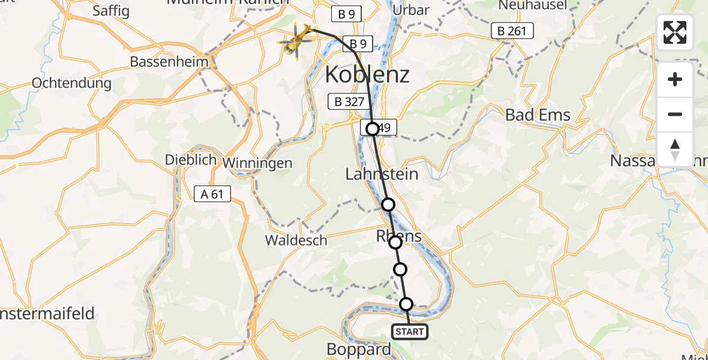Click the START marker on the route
pos(410,332)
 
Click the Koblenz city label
pos(367,75)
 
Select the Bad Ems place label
pos(538,115)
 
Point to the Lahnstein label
pos(382,174)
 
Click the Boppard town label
pos(359,349)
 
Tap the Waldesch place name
pos(296,241)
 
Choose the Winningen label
pos(257,163)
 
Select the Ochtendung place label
pos(72,83)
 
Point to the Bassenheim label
pos(169,61)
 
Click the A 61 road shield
pos(212,193)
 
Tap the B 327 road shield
pos(347,101)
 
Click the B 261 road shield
pos(512,31)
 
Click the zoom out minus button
pos(675,115)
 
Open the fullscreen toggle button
pos(675,32)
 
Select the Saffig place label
pos(111,11)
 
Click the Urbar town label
pos(410,10)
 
